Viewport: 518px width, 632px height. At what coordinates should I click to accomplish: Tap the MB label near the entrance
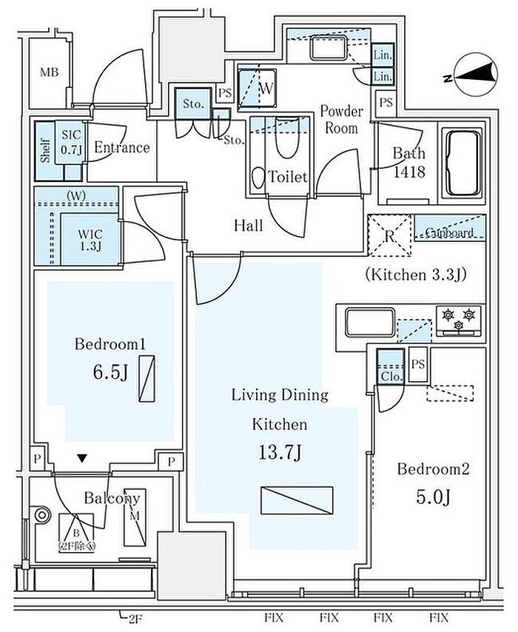pos(50,73)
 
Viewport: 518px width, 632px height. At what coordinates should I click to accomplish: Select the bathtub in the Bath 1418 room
pos(462,164)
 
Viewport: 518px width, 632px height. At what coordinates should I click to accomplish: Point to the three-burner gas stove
pos(458,320)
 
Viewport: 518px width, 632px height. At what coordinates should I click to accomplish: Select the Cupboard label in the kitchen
pos(449,232)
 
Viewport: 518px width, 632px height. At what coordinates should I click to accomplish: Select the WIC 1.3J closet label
pos(90,241)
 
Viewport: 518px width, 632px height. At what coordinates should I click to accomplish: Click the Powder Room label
pos(341,120)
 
